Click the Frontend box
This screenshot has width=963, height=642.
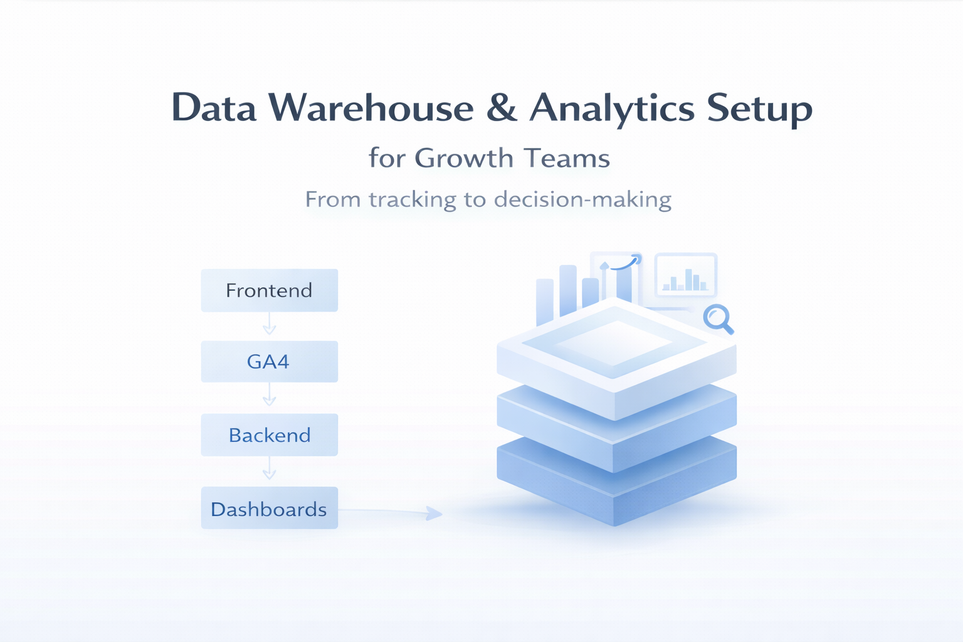[269, 290]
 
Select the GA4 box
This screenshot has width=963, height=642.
[269, 362]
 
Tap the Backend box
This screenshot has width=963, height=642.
[269, 435]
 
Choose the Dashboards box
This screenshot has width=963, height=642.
[269, 508]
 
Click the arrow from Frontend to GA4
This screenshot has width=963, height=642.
[269, 324]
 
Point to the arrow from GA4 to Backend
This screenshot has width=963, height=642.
[269, 396]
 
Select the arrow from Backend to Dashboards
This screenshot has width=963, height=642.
[269, 469]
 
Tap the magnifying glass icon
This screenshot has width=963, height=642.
[717, 318]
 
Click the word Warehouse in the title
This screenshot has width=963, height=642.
[372, 108]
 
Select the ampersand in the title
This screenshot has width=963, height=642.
[502, 108]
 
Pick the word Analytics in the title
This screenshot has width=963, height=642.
[612, 108]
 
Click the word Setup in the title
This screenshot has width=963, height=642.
[760, 108]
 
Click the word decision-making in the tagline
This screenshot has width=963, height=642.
[582, 199]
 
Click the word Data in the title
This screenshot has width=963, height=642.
[214, 108]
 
